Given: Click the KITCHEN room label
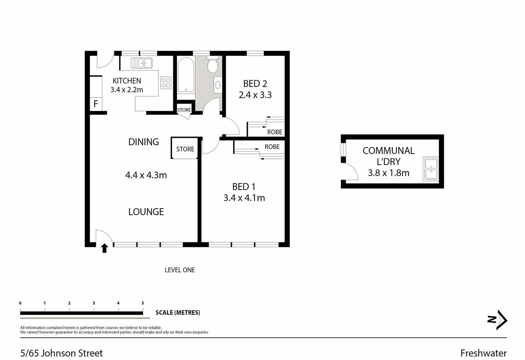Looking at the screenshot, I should point(127,81).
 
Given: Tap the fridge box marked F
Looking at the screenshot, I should point(96,104).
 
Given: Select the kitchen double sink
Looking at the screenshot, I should point(141,63).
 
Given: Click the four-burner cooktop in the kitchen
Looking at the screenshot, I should point(166,83).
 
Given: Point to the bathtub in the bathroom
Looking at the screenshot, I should point(186,75).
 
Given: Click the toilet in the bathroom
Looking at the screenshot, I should point(213,65).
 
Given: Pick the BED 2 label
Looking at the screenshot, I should point(255,84).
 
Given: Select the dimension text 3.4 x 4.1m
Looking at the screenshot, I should point(244,198).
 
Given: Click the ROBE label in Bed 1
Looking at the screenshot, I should point(272,147).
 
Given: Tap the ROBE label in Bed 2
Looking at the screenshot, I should point(275,132).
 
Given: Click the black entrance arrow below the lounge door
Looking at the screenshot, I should point(104,248).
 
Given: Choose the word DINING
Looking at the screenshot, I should point(143,142).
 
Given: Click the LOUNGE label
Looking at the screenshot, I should point(146,212).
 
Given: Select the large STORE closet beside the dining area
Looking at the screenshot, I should point(185,149).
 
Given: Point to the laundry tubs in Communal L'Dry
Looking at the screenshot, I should point(431,169).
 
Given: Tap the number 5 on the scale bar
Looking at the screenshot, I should point(143,303).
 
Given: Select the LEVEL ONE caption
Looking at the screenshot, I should point(180,270).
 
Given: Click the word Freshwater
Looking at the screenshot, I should point(483,353).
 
